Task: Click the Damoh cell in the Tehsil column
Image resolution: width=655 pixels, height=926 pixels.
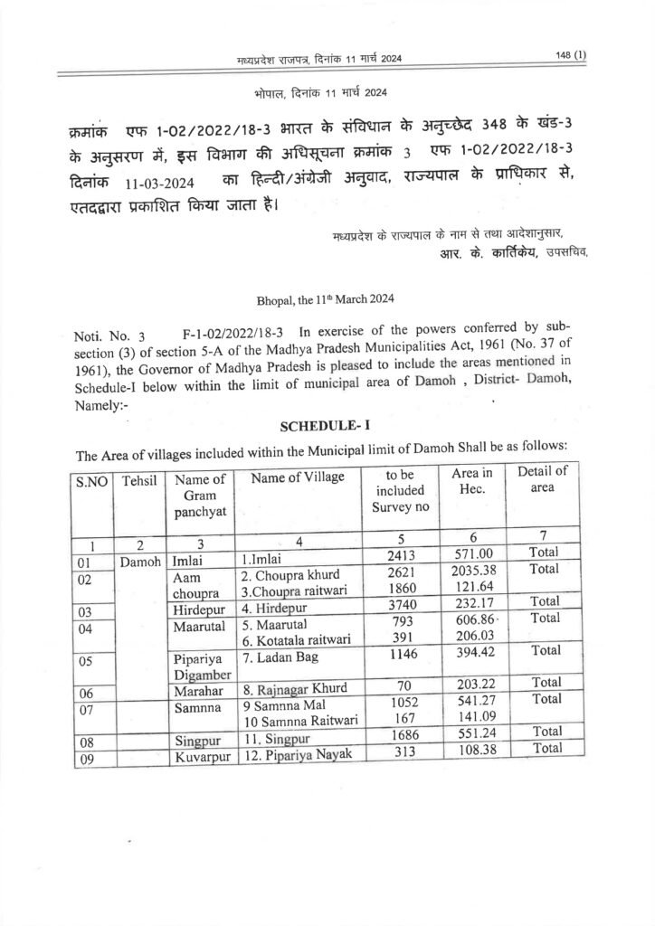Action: click(141, 561)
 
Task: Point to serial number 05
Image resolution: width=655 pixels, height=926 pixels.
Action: click(88, 660)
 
